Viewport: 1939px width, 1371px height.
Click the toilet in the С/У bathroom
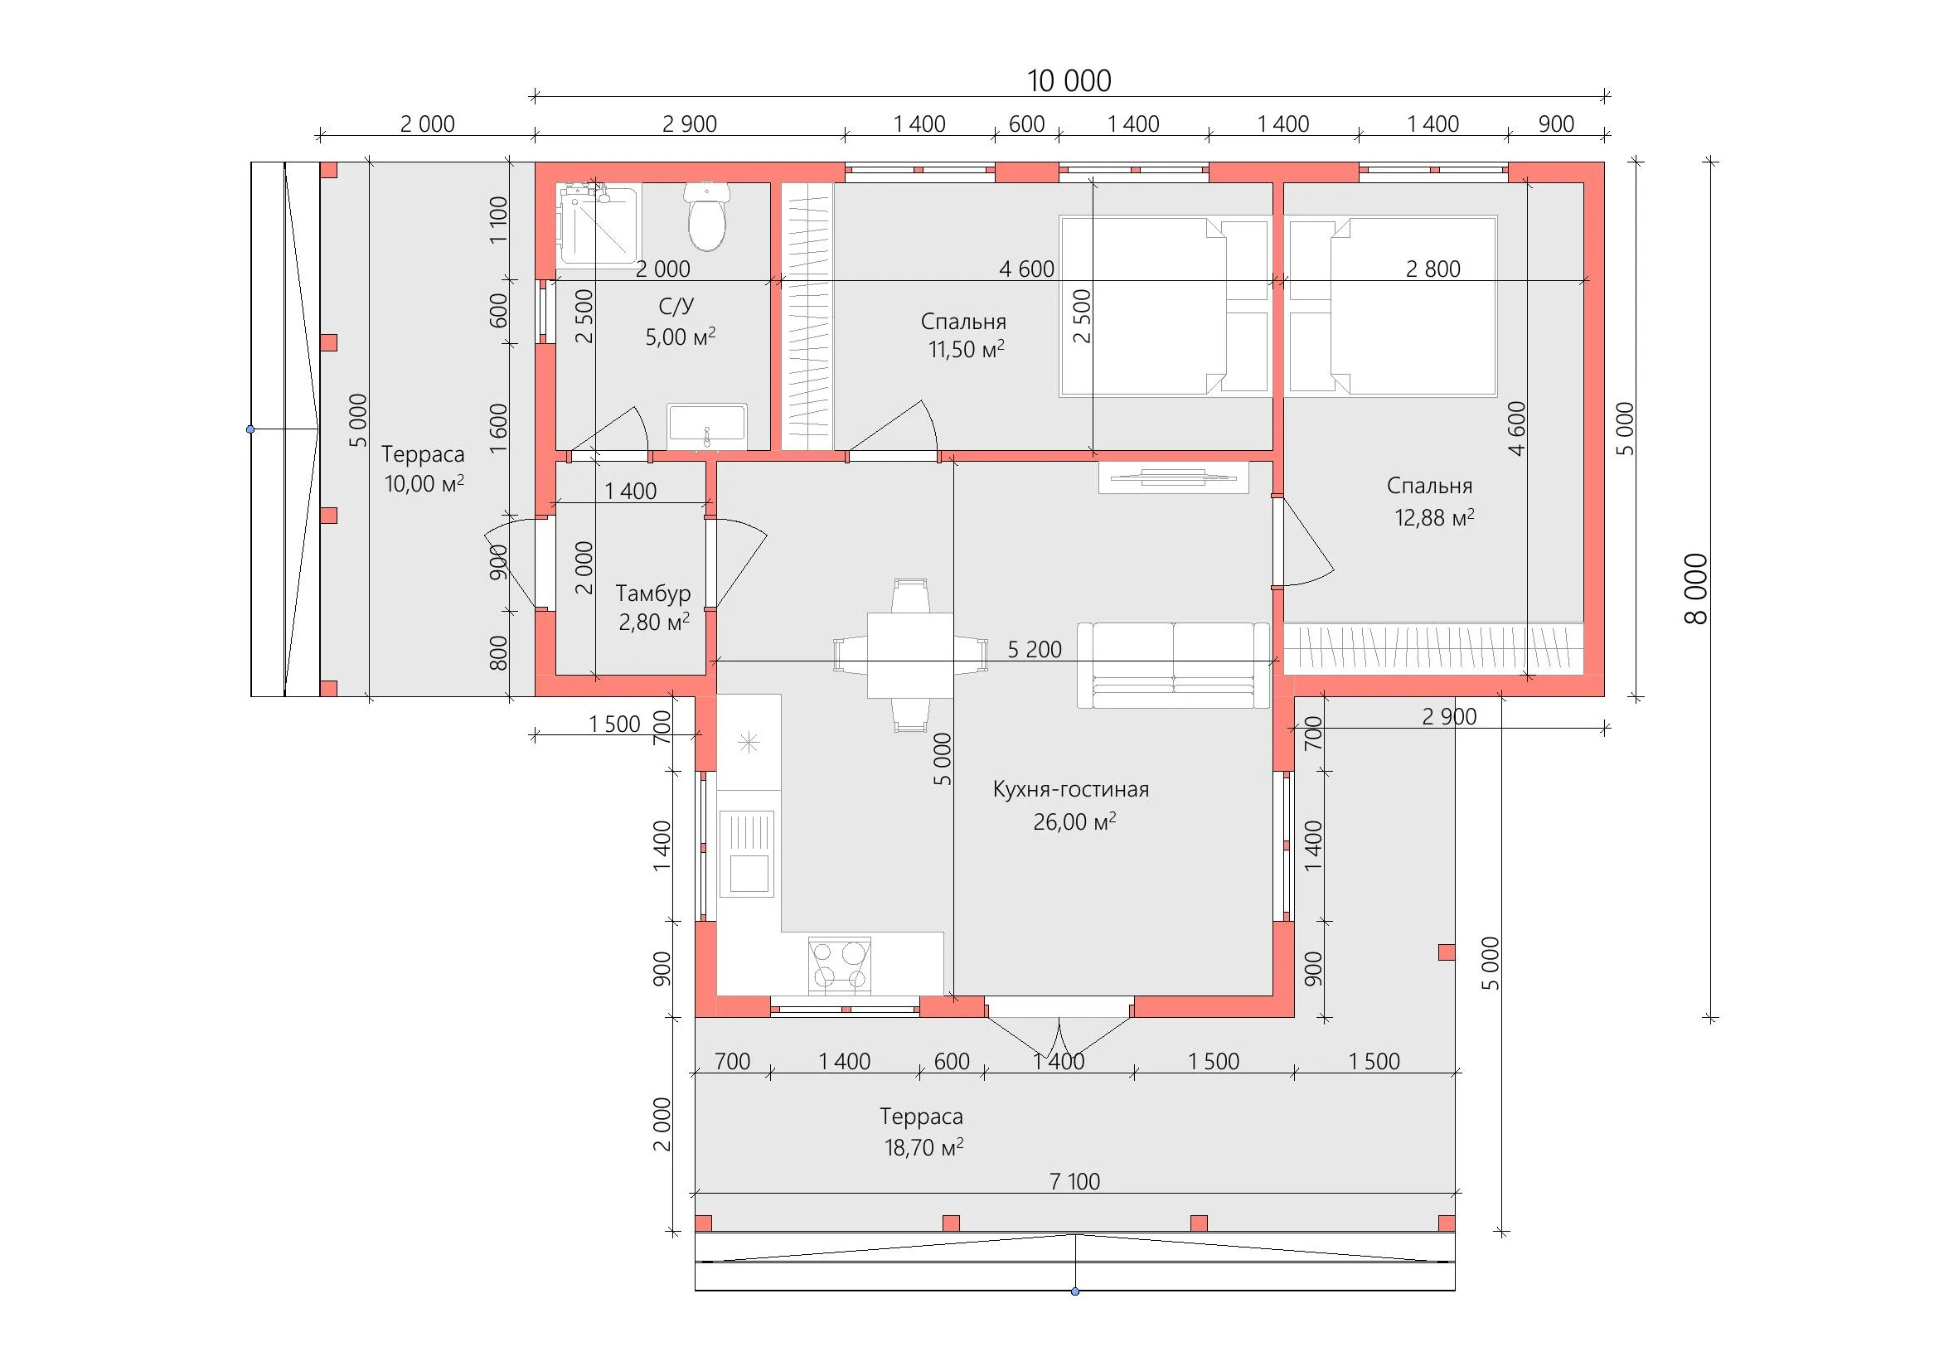707,216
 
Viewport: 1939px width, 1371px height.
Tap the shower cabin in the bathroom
597,225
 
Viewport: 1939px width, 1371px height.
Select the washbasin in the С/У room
707,426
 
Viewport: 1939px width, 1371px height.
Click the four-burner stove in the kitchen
840,964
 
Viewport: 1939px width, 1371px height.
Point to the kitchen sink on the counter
747,854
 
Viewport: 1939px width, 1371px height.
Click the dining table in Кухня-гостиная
910,655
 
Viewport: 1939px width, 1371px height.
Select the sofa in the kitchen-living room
1173,666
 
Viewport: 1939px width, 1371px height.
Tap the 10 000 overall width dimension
1069,81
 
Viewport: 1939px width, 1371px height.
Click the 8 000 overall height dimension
1696,589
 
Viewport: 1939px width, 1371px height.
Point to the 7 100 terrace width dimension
1074,1181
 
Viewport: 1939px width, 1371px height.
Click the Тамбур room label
652,593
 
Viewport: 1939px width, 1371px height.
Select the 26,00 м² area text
1074,821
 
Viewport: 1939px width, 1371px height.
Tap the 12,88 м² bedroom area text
1434,516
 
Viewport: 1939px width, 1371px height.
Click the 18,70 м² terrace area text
923,1147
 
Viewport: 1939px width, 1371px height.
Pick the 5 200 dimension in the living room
1035,649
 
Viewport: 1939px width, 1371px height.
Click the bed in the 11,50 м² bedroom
1166,306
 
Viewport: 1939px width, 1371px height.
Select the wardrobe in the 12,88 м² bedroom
1434,648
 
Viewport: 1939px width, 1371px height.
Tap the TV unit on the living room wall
1173,477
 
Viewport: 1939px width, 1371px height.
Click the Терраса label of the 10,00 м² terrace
422,454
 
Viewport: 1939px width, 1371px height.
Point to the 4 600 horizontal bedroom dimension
1026,269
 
